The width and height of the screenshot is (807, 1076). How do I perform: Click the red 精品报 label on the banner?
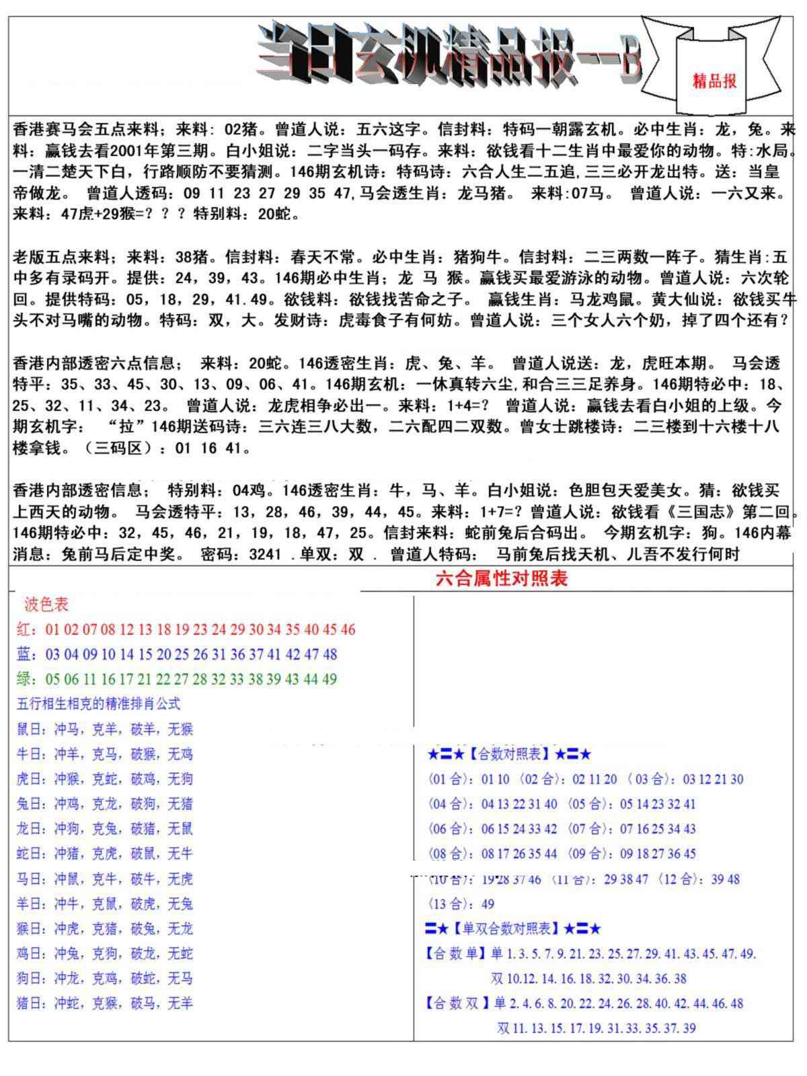(714, 81)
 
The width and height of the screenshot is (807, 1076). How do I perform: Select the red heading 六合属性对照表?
(501, 578)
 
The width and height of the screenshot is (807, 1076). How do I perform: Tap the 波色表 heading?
(46, 605)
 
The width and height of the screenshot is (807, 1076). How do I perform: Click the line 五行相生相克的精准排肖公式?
(98, 704)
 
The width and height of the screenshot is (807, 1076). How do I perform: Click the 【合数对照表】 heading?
(508, 755)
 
